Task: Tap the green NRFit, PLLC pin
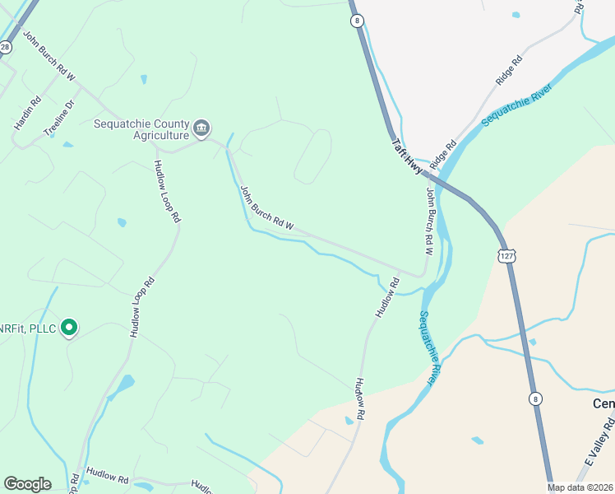(70, 328)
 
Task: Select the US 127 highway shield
(505, 256)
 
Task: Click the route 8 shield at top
(356, 21)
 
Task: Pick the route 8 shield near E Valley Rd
(536, 398)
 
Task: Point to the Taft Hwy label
(408, 156)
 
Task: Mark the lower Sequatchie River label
(427, 347)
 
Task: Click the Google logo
(27, 484)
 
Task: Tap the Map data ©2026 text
(580, 487)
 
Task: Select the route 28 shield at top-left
(5, 48)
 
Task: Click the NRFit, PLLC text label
(28, 329)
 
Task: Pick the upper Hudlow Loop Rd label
(166, 191)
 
